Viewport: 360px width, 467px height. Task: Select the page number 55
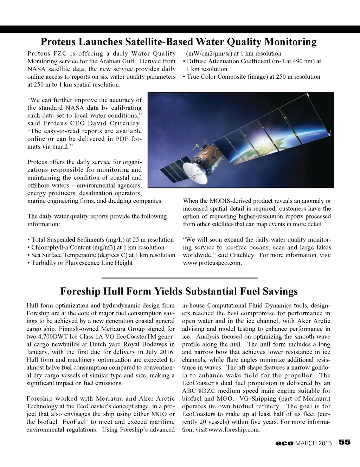pyautogui.click(x=345, y=442)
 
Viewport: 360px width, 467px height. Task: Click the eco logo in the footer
pyautogui.click(x=284, y=443)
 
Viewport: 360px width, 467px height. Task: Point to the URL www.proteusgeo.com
pyautogui.click(x=212, y=263)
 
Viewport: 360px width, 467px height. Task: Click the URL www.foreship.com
pyautogui.click(x=234, y=430)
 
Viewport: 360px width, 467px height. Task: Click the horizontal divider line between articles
pyautogui.click(x=180, y=278)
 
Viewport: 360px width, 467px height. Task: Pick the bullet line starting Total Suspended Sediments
pyautogui.click(x=101, y=240)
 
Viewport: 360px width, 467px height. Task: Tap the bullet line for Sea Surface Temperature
pyautogui.click(x=101, y=255)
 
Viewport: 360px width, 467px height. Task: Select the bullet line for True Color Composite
pyautogui.click(x=252, y=77)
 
